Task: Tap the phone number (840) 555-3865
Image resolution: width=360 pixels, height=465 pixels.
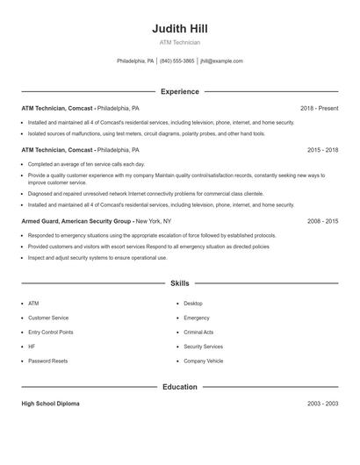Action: [x=177, y=61]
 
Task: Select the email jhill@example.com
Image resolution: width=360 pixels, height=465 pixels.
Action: [x=222, y=61]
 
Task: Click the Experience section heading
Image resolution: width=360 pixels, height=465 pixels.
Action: [x=179, y=91]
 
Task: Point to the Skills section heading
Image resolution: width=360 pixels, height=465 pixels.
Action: [x=179, y=283]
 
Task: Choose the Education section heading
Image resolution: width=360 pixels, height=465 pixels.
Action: [x=179, y=387]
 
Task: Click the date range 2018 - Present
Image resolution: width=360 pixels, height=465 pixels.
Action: [x=319, y=108]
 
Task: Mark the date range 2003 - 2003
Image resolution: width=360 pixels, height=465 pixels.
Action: [x=322, y=404]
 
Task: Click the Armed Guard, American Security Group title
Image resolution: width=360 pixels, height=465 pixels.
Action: [x=76, y=222]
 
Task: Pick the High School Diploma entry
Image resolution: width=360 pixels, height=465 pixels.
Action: [x=50, y=404]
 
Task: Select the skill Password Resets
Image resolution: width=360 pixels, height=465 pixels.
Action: [x=47, y=361]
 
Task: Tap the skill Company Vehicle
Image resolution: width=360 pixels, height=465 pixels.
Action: [x=203, y=361]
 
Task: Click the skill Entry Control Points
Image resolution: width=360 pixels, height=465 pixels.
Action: [x=50, y=333]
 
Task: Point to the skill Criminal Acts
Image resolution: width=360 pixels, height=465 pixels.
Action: [x=198, y=333]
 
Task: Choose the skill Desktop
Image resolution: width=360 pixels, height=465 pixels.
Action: [x=193, y=304]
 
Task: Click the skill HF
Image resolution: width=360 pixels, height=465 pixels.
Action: [x=32, y=347]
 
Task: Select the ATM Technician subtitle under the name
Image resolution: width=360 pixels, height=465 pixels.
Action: [x=179, y=42]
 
